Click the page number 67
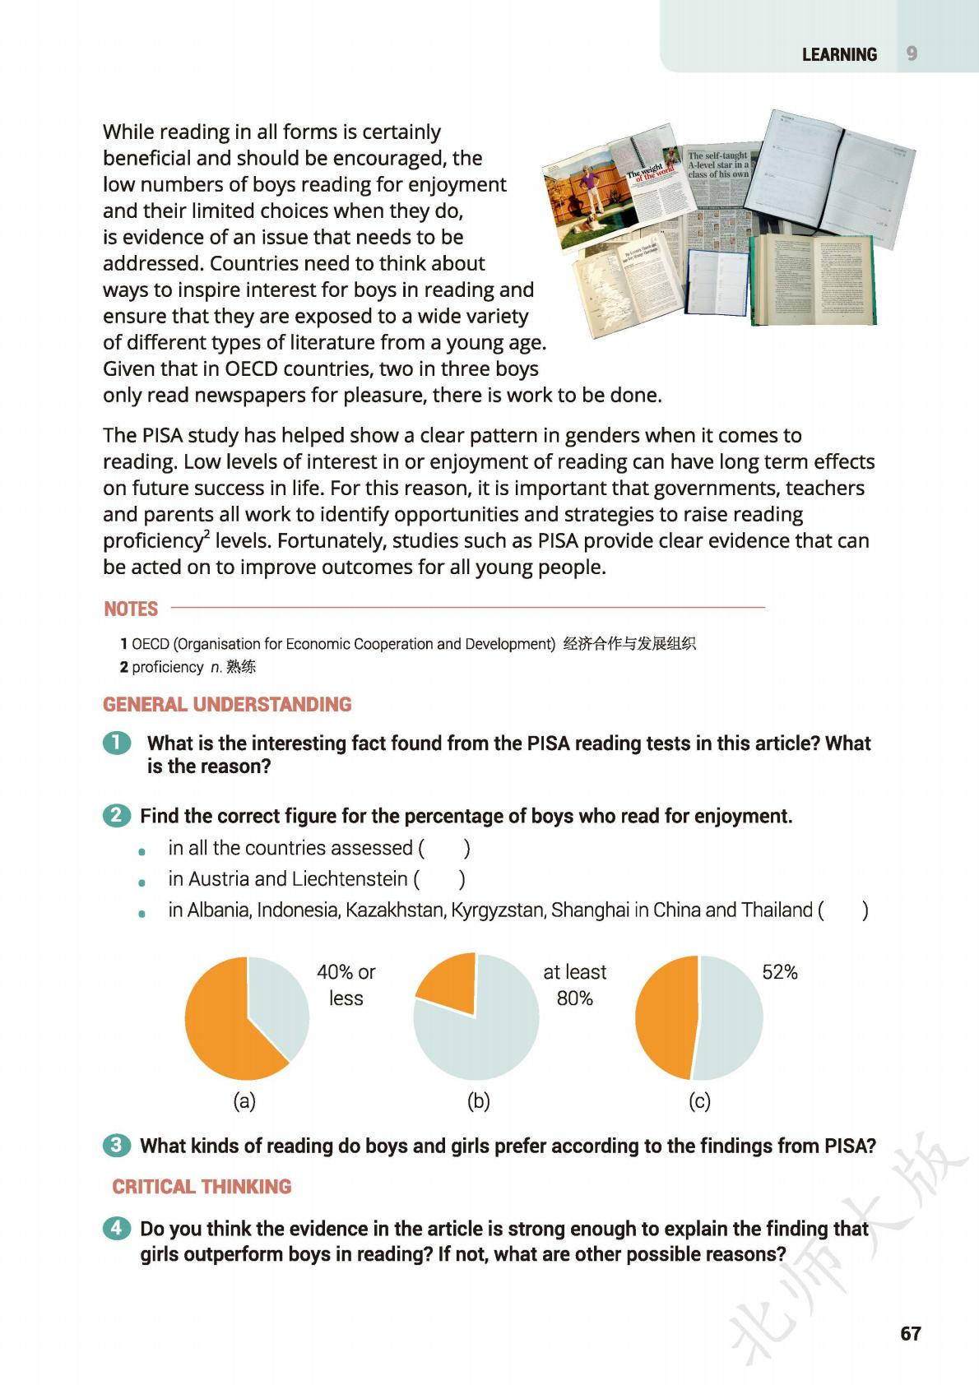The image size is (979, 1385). pyautogui.click(x=910, y=1333)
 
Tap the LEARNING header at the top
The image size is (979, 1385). pyautogui.click(x=839, y=54)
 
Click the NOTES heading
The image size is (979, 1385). pyautogui.click(x=131, y=609)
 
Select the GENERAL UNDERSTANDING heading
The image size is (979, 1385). pyautogui.click(x=227, y=705)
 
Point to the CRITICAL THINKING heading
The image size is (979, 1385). pyautogui.click(x=202, y=1187)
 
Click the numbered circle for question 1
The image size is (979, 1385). pyautogui.click(x=117, y=743)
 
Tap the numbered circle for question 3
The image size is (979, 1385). pyautogui.click(x=117, y=1145)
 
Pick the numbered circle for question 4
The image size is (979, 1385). pyautogui.click(x=117, y=1228)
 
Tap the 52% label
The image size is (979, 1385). pyautogui.click(x=779, y=972)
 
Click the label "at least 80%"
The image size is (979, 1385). pyautogui.click(x=574, y=984)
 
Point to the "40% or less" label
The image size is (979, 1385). pyautogui.click(x=346, y=984)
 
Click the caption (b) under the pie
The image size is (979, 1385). pyautogui.click(x=478, y=1101)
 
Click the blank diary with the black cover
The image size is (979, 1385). pyautogui.click(x=831, y=177)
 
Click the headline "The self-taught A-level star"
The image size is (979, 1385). pyautogui.click(x=718, y=164)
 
